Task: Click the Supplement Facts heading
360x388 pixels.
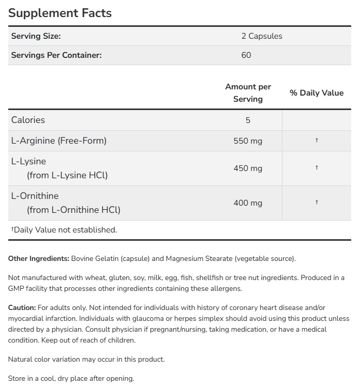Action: (x=60, y=13)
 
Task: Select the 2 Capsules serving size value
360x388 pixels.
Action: (x=262, y=36)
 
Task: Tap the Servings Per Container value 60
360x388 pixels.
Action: (x=246, y=55)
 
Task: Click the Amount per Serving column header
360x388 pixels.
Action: (x=248, y=92)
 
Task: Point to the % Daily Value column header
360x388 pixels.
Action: (x=317, y=93)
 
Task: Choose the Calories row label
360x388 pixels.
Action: (x=28, y=120)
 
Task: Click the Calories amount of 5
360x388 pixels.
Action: (x=248, y=120)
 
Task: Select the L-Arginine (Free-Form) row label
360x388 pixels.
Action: (x=58, y=141)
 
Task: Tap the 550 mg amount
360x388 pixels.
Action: (x=248, y=141)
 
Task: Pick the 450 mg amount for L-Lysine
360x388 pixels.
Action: (x=248, y=168)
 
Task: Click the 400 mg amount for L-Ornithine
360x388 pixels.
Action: (x=248, y=203)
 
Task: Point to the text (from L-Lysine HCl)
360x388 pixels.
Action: (x=67, y=175)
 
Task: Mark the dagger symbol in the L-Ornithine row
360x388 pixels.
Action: (x=317, y=203)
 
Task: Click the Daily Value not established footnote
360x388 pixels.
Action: (x=64, y=230)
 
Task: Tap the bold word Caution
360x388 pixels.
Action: (x=22, y=307)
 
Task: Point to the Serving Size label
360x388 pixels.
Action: (x=36, y=36)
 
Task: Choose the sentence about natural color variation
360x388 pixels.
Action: (x=86, y=359)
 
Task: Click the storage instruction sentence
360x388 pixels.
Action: (x=71, y=378)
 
